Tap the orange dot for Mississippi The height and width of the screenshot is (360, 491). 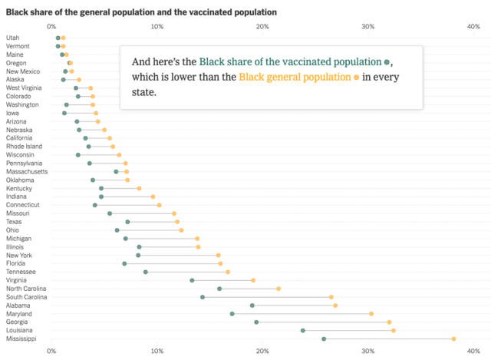[453, 339]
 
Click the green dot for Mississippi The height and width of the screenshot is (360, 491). [324, 339]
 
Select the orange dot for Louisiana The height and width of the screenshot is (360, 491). [394, 330]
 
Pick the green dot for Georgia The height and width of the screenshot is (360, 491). [256, 322]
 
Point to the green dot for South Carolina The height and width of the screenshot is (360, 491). [203, 297]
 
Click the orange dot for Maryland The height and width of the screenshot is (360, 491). [371, 314]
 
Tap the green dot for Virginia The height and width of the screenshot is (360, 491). [192, 280]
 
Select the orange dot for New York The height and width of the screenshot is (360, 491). [218, 255]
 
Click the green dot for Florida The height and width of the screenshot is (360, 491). [124, 263]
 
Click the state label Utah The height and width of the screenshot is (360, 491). [13, 38]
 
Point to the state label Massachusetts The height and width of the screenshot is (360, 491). [27, 171]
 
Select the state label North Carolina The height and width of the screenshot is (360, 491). [27, 289]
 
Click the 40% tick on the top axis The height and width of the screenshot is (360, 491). [473, 27]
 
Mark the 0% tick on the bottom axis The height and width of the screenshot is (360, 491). [51, 351]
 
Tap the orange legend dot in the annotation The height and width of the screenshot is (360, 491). [356, 78]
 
